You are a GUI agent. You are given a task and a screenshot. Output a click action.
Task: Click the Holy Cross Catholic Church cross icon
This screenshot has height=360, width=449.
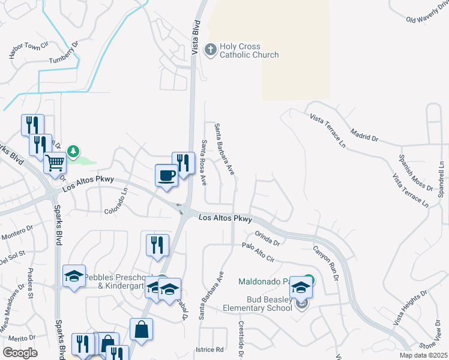tap(210, 49)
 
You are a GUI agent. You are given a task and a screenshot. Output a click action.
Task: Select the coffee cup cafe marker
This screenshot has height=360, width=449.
tap(166, 175)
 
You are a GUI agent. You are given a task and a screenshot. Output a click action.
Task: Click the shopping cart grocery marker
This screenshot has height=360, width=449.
tap(55, 162)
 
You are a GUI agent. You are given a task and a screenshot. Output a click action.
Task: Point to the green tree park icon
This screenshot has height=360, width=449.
tap(74, 151)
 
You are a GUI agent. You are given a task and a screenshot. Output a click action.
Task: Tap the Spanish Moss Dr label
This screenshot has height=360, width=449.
tap(415, 172)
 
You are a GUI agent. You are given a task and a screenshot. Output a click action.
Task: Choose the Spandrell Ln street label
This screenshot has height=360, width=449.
tap(441, 180)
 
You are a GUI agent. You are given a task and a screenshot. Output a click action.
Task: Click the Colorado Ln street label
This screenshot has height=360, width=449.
tap(116, 203)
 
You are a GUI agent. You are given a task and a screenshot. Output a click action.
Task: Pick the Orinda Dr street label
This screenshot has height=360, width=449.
tap(268, 238)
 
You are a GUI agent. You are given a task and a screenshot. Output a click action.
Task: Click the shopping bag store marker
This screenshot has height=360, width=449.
tap(141, 329)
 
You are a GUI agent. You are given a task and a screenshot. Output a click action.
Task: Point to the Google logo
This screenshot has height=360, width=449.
tap(20, 353)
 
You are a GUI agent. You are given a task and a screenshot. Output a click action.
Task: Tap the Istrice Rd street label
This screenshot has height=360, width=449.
tap(209, 349)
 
